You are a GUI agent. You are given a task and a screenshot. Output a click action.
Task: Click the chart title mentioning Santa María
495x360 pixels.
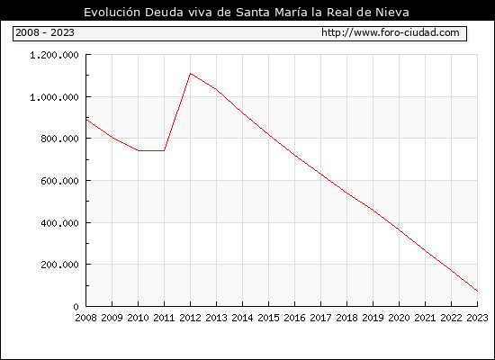pyautogui.click(x=247, y=13)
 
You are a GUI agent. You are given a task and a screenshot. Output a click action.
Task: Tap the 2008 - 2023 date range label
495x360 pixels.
pyautogui.click(x=45, y=32)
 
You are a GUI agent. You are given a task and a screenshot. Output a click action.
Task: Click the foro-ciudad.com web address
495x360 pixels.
pyautogui.click(x=391, y=32)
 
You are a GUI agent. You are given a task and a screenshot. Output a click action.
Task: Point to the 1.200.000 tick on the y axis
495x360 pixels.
pyautogui.click(x=54, y=55)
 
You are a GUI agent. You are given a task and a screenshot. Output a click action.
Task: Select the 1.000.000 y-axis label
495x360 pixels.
pyautogui.click(x=54, y=97)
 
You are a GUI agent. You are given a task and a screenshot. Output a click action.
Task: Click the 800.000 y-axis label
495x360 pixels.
pyautogui.click(x=59, y=139)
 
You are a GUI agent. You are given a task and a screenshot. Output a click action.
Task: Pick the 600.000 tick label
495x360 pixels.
pyautogui.click(x=59, y=181)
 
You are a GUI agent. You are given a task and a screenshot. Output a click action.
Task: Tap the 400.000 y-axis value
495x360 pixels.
pyautogui.click(x=59, y=223)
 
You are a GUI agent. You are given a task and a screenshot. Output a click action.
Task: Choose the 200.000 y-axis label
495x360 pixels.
pyautogui.click(x=59, y=265)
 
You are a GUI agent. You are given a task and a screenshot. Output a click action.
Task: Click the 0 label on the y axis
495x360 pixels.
pyautogui.click(x=76, y=307)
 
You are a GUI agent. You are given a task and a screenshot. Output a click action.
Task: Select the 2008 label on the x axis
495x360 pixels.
pyautogui.click(x=85, y=318)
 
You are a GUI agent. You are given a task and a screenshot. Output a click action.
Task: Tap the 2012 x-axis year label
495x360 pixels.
pyautogui.click(x=191, y=318)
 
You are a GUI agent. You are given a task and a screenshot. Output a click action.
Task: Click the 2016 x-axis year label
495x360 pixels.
pyautogui.click(x=295, y=318)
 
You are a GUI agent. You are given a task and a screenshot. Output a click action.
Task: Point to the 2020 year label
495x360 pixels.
pyautogui.click(x=399, y=318)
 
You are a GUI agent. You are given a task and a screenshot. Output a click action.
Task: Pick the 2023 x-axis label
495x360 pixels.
pyautogui.click(x=477, y=318)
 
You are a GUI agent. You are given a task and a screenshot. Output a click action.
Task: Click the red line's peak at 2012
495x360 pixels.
pyautogui.click(x=191, y=74)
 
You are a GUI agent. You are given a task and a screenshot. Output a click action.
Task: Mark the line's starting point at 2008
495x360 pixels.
pyautogui.click(x=86, y=120)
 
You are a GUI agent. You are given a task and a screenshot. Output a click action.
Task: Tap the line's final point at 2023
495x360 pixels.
pyautogui.click(x=477, y=292)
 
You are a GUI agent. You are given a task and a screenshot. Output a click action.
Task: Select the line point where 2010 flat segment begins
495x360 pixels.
pyautogui.click(x=139, y=150)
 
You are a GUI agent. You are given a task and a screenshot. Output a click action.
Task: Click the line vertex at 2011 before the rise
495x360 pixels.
pyautogui.click(x=164, y=150)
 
